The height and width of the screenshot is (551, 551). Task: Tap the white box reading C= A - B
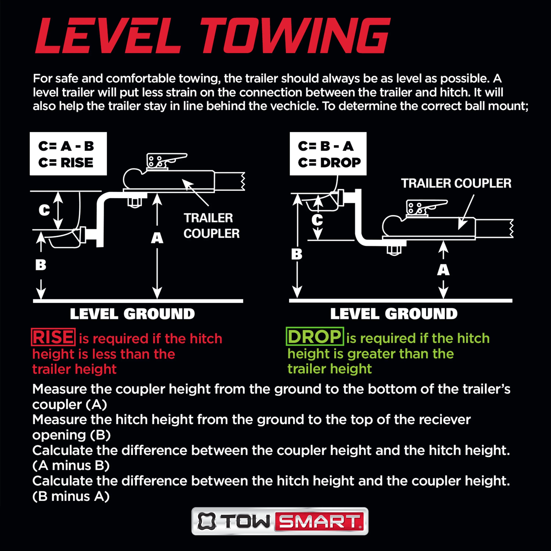[68, 154]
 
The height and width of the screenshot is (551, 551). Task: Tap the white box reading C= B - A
[328, 154]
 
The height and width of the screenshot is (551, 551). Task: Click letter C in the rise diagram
[44, 210]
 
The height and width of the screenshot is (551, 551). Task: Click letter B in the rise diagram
[41, 265]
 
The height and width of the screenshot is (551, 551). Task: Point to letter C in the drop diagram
[317, 220]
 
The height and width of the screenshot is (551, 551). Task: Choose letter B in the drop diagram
[297, 254]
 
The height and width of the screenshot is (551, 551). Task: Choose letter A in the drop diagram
[443, 270]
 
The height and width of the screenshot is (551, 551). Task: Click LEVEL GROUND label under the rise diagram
[132, 314]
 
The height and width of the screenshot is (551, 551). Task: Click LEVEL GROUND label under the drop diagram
[394, 314]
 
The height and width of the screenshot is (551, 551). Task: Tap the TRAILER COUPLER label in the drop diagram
[456, 183]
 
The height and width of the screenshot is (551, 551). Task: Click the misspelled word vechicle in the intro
[294, 106]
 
